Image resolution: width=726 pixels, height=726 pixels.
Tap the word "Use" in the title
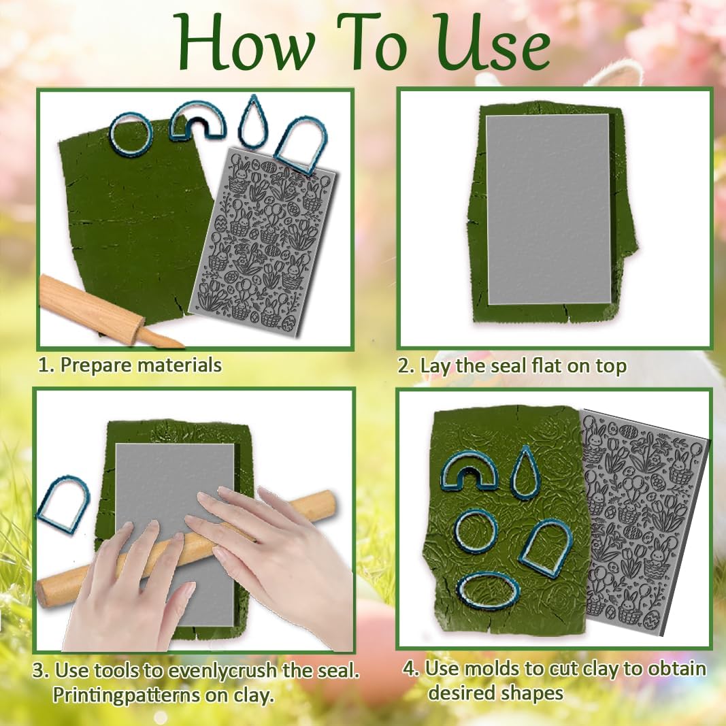[493, 44]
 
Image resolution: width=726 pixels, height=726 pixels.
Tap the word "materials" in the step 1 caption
[180, 365]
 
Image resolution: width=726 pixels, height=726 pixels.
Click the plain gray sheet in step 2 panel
[550, 209]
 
